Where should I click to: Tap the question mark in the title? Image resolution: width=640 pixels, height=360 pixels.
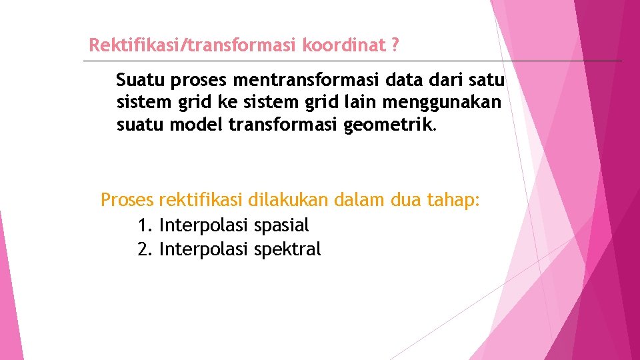tap(395, 45)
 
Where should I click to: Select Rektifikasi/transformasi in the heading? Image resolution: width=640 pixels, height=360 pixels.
tap(193, 45)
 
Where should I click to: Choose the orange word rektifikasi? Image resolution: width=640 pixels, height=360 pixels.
tap(201, 200)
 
